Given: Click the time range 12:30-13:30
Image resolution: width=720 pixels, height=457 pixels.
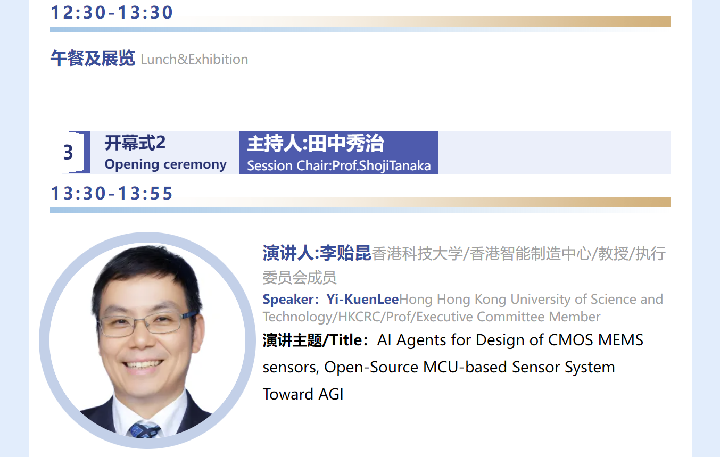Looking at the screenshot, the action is click(112, 13).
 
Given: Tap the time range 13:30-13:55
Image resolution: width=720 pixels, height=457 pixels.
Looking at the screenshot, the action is click(112, 194).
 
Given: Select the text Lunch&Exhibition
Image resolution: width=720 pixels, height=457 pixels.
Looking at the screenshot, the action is click(194, 60).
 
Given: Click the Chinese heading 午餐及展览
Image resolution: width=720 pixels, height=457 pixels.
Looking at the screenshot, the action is click(93, 58).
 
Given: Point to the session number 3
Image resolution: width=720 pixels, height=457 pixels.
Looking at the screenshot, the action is click(68, 152).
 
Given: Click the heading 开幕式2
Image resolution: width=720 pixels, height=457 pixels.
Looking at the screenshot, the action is click(135, 143).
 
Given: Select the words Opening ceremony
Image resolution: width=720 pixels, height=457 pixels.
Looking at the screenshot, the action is click(165, 164).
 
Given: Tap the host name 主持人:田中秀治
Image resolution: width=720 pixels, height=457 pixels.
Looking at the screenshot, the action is click(316, 143).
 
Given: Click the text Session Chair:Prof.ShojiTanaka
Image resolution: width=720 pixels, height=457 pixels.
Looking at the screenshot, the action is click(339, 166).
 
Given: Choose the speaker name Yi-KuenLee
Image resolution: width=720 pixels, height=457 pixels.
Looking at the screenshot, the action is click(362, 299).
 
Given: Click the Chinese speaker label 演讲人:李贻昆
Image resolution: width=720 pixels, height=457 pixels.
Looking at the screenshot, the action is click(317, 253).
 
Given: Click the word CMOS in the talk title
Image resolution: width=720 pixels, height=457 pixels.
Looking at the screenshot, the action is click(570, 340).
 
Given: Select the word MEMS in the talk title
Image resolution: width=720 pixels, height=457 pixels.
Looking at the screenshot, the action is click(620, 340).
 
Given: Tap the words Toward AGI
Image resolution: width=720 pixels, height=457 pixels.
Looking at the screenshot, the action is click(303, 394).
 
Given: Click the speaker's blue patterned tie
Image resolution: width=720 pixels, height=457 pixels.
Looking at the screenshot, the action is click(144, 430).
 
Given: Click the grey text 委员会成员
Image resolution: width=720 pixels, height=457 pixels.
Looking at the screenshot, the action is click(300, 277).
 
